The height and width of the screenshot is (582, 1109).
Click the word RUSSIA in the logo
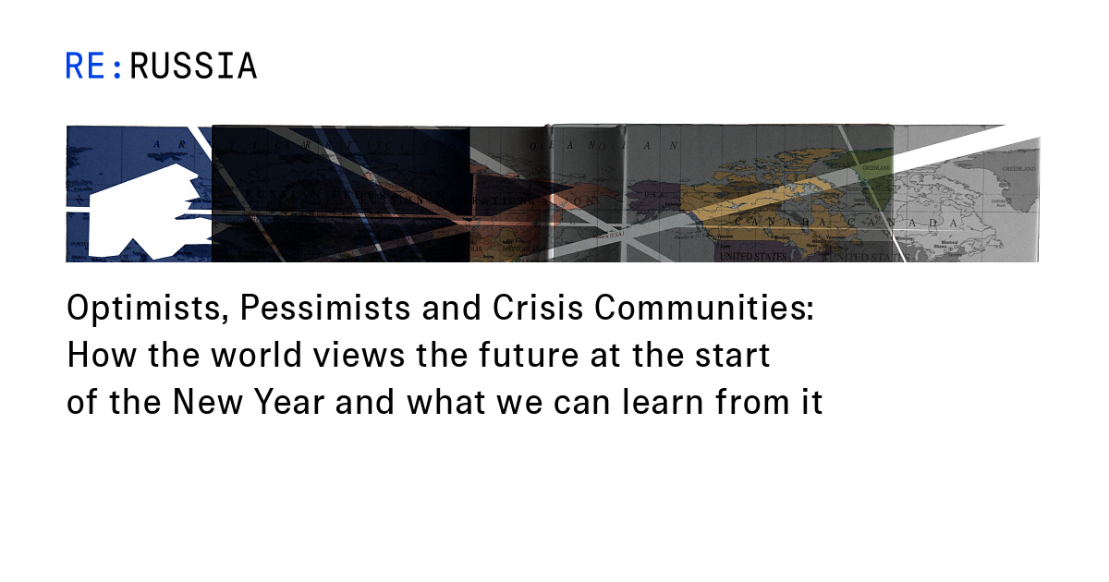coord(193,67)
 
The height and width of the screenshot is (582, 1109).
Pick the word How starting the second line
coord(94,356)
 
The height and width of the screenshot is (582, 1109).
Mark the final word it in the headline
coord(810,404)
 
